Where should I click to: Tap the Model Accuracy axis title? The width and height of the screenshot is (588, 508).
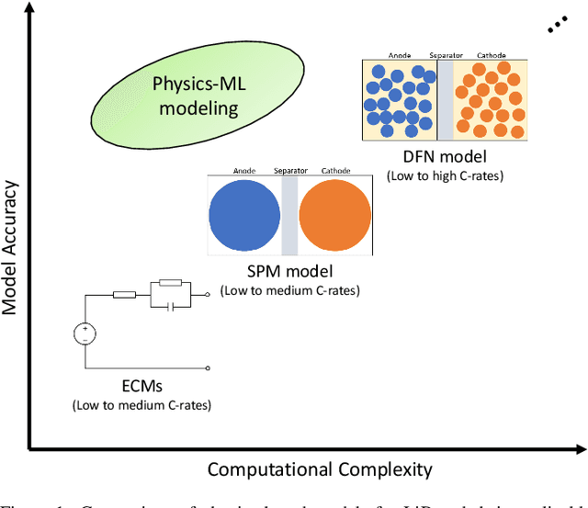pyautogui.click(x=12, y=234)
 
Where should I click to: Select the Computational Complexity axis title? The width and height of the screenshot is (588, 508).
pyautogui.click(x=319, y=469)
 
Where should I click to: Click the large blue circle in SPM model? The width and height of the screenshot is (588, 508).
pyautogui.click(x=244, y=216)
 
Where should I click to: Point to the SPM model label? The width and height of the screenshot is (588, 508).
pyautogui.click(x=288, y=272)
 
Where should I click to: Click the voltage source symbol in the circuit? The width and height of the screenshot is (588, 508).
pyautogui.click(x=85, y=333)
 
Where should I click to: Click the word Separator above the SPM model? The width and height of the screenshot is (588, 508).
pyautogui.click(x=289, y=171)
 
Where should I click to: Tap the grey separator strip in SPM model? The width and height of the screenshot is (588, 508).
pyautogui.click(x=289, y=216)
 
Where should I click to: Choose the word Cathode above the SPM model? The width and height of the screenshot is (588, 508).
pyautogui.click(x=335, y=171)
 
